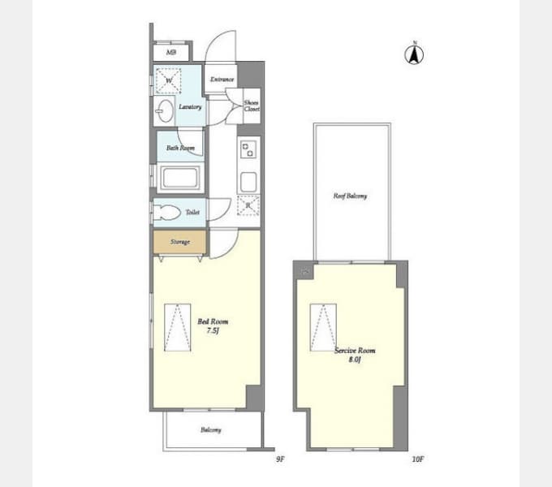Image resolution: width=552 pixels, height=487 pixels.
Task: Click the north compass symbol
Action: tap(415, 54)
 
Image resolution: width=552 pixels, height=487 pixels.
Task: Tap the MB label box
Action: tap(171, 53)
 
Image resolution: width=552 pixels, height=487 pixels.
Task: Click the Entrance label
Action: tap(222, 80)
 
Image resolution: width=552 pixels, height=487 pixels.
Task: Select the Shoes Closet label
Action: tap(252, 106)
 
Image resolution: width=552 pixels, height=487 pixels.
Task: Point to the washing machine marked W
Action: tap(170, 81)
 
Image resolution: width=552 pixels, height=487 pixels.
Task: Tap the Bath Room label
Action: tap(180, 149)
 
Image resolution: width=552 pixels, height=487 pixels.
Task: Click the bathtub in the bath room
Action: tap(180, 178)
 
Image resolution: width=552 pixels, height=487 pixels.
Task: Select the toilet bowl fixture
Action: tap(166, 213)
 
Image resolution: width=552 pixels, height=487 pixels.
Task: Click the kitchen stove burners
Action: tap(248, 149)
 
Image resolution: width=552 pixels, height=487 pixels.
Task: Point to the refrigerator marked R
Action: tap(248, 205)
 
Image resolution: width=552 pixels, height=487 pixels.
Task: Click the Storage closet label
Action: tap(179, 242)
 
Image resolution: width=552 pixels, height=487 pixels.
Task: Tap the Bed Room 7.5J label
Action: tap(209, 325)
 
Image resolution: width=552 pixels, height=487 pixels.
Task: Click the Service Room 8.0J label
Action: tap(355, 354)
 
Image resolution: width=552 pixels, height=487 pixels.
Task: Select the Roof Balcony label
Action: tap(351, 196)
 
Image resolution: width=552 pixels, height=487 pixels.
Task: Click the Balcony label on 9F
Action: tap(211, 430)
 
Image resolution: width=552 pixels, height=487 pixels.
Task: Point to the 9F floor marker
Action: tap(280, 459)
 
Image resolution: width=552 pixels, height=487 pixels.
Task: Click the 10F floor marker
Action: tap(417, 459)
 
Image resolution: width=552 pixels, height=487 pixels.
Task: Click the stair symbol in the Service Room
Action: tap(321, 327)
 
